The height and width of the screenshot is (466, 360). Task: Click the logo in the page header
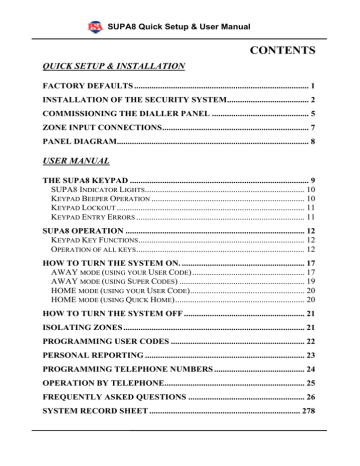[96, 12]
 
